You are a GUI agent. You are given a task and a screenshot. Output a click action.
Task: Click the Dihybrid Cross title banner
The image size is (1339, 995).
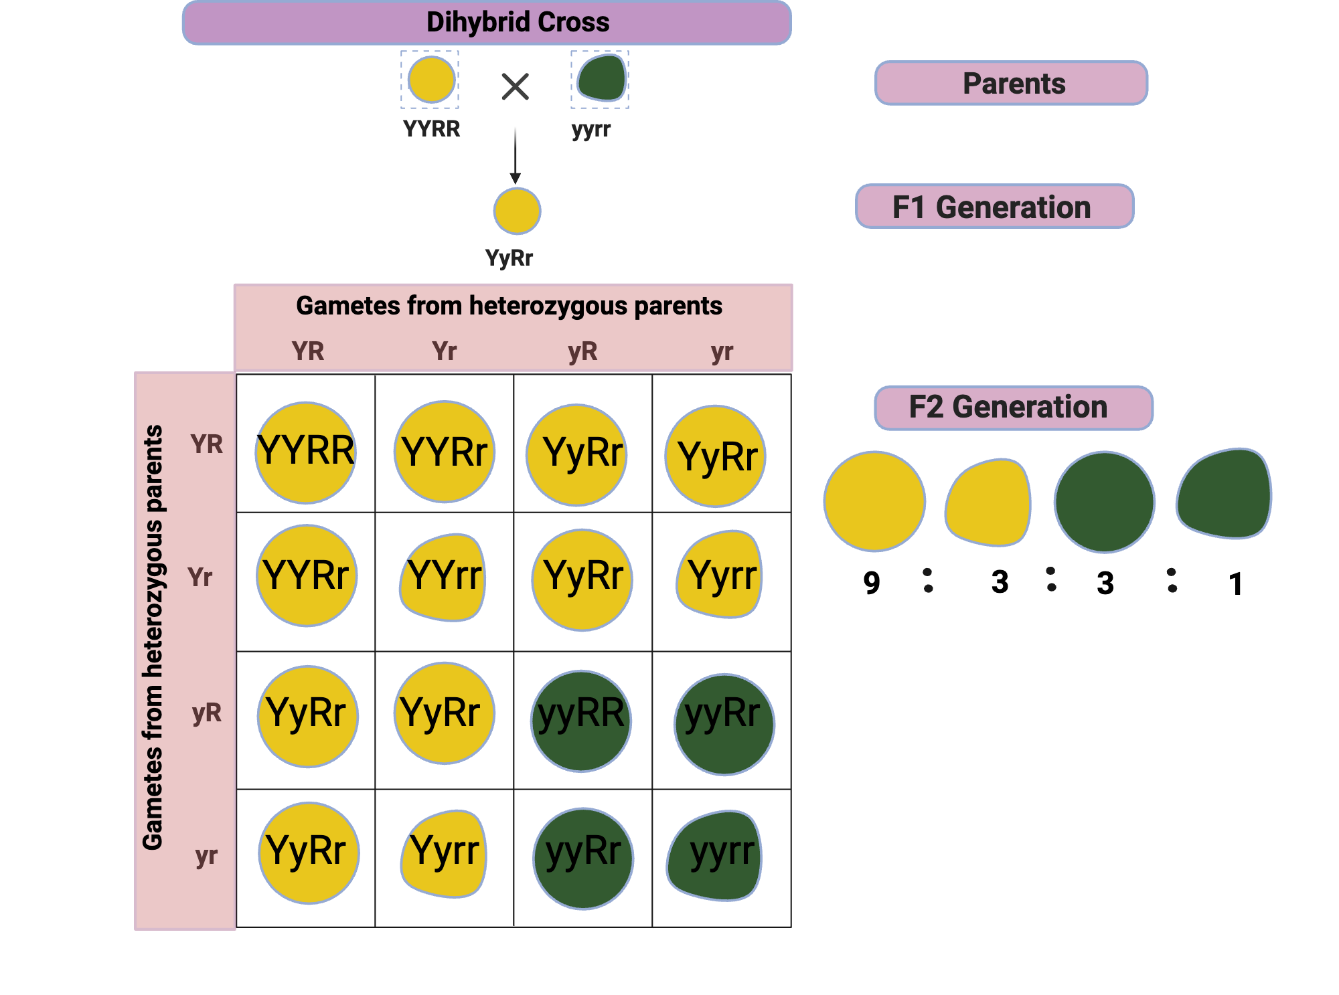click(x=487, y=23)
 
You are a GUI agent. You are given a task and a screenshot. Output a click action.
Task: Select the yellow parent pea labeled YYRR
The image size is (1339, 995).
click(x=431, y=80)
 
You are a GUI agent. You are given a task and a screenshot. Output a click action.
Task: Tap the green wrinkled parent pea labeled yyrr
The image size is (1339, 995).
click(x=601, y=78)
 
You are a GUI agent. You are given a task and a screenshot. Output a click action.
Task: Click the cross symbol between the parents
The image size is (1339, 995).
click(x=515, y=87)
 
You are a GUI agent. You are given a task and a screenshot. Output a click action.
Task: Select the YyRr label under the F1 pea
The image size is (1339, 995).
click(x=509, y=258)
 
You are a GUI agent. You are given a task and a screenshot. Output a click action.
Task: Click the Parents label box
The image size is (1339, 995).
click(x=1011, y=84)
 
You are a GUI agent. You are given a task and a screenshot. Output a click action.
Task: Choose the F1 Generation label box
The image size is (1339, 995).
click(x=994, y=207)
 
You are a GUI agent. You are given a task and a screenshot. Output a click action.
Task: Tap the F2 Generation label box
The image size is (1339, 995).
click(x=1013, y=408)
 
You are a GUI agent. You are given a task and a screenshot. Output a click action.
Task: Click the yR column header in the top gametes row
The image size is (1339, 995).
click(x=582, y=351)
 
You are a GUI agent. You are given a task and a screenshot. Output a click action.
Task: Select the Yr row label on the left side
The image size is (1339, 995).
click(x=200, y=577)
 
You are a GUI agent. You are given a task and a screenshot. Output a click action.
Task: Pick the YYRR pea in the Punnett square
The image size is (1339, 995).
click(x=306, y=452)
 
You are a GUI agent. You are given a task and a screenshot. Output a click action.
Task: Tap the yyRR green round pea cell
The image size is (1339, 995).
click(x=581, y=721)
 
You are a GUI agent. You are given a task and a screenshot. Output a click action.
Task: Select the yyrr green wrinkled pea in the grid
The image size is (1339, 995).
click(x=716, y=855)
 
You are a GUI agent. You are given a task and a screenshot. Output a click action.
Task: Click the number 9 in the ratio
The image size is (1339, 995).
click(x=871, y=583)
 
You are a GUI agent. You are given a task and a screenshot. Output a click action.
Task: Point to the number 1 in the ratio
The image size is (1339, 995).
click(x=1235, y=584)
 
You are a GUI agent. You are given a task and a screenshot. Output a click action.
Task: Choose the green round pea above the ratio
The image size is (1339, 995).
click(x=1104, y=502)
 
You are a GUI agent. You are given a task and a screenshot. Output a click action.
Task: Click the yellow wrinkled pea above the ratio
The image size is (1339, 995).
click(x=989, y=502)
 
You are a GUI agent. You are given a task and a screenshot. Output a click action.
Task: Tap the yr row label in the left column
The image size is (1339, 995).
click(x=206, y=856)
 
